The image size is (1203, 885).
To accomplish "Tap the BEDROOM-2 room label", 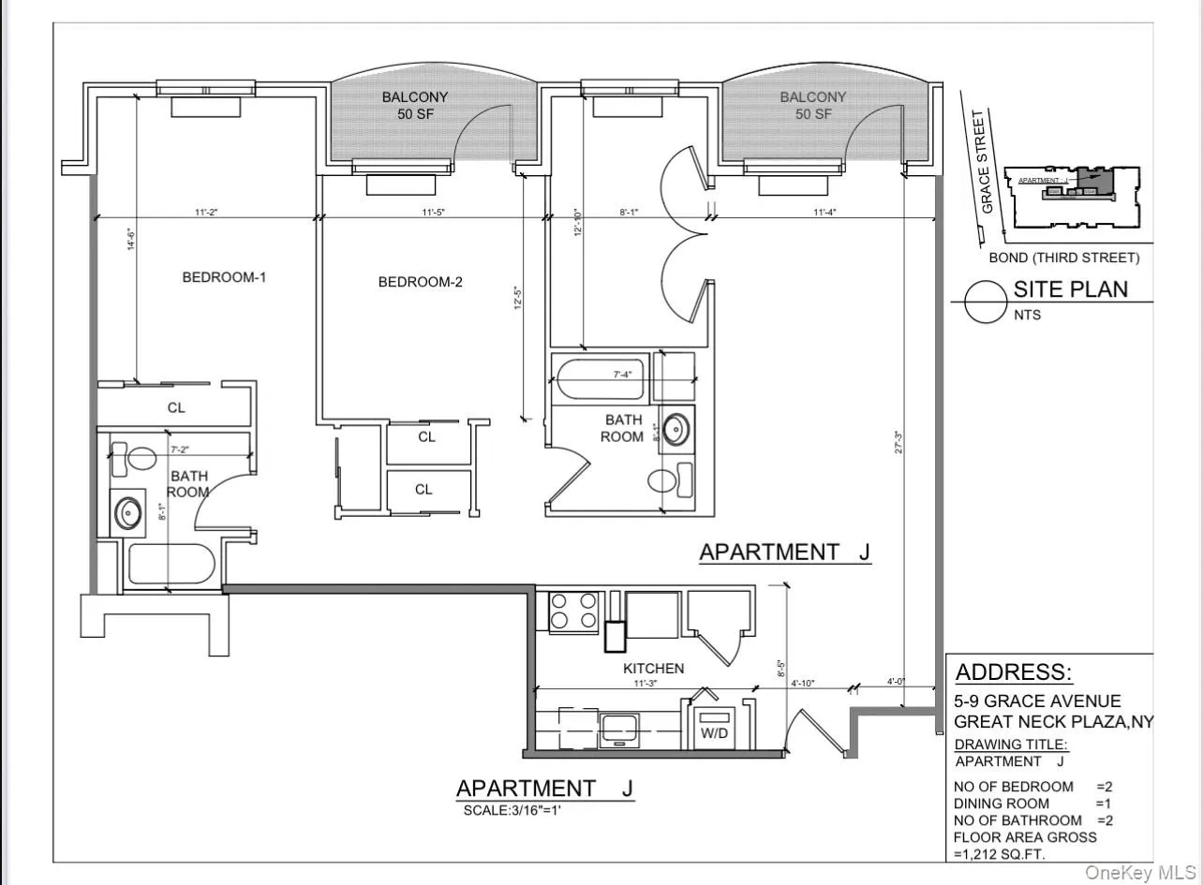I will (421, 282).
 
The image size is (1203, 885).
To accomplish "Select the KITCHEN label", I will (653, 669).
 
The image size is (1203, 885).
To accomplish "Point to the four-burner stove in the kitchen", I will (573, 611).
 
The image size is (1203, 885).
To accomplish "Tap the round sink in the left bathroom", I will (128, 513).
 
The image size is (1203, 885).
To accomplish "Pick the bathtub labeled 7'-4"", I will (600, 378).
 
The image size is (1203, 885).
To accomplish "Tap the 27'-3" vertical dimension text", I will (899, 442).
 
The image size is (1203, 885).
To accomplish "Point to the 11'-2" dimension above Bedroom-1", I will (207, 214).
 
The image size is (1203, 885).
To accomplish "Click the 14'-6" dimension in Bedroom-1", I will (132, 241).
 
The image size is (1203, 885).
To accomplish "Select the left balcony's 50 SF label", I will (414, 113).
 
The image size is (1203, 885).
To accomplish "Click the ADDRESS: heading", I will (1014, 672).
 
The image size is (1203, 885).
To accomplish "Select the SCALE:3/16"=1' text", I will (512, 810).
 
